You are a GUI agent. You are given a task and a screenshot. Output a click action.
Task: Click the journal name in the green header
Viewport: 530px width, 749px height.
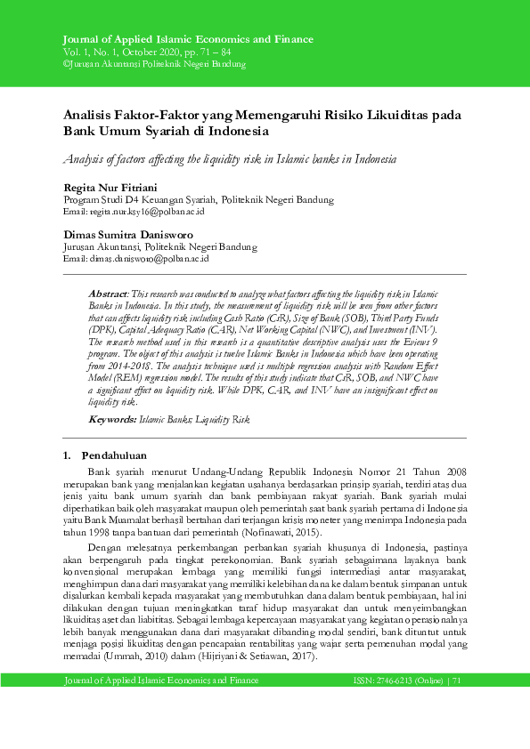point(187,40)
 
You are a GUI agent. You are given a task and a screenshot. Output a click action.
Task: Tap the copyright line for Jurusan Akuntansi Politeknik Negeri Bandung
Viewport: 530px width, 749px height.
point(154,64)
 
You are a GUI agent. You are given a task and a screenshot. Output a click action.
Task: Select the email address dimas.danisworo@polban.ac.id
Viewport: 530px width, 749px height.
point(148,259)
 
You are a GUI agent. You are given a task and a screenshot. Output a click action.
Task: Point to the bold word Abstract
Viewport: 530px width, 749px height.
point(108,293)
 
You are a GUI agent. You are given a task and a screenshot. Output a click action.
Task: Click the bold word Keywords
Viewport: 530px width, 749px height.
point(112,417)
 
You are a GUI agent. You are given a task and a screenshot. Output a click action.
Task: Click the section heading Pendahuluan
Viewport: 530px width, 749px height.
point(118,455)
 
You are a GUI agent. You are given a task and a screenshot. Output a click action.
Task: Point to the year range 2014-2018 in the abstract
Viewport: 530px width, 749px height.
point(130,364)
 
